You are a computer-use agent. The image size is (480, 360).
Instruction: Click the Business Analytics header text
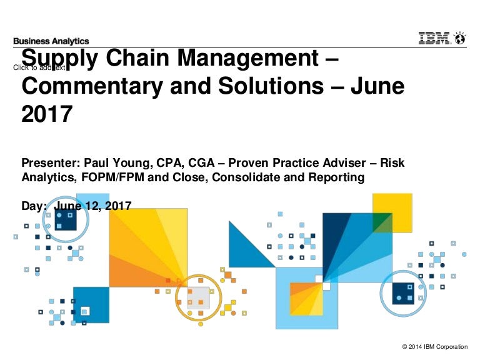pyautogui.click(x=51, y=41)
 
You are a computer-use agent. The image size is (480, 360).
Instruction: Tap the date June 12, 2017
pyautogui.click(x=93, y=205)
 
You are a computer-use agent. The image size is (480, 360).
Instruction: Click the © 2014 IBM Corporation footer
pyautogui.click(x=436, y=347)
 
